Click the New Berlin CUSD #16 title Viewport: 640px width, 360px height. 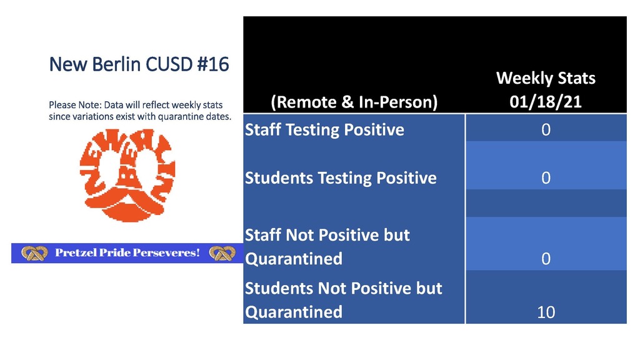point(139,64)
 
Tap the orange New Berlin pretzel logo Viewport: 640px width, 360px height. point(127,176)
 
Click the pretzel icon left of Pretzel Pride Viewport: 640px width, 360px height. point(34,253)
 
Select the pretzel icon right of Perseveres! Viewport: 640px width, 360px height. point(222,253)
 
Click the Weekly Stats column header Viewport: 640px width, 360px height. point(546,78)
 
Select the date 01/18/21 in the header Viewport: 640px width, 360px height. point(546,102)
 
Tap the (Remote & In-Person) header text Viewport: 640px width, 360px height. point(354,102)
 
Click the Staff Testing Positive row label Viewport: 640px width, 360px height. point(324,130)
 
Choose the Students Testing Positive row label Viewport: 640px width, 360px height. point(341,178)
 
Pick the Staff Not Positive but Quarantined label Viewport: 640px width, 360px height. point(327,246)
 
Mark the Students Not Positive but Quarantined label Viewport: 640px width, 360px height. point(343,300)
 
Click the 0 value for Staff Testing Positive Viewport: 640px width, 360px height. point(546,130)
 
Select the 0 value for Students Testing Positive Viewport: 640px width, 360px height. point(546,178)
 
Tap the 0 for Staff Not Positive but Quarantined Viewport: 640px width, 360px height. point(546,259)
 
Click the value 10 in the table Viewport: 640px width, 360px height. point(546,312)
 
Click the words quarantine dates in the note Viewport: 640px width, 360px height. point(195,117)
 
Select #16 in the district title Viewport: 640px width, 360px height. point(213,64)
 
